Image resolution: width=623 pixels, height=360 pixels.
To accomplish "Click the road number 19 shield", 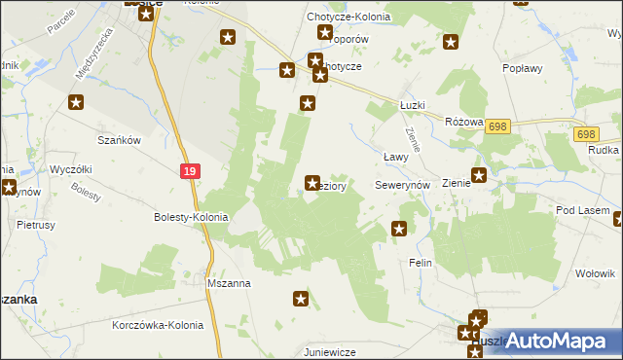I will (x=190, y=170).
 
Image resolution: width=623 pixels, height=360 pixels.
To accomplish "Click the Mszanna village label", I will (x=230, y=283).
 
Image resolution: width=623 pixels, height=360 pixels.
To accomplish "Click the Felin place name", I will (x=421, y=264).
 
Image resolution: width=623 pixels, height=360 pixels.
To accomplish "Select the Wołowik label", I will (x=594, y=274).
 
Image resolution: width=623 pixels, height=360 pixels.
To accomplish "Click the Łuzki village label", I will (x=414, y=106).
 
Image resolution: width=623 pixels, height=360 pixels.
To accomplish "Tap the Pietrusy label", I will (x=36, y=224).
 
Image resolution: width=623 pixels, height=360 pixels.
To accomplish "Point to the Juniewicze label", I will (x=329, y=351).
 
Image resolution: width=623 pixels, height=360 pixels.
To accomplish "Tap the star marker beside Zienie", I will (x=479, y=177).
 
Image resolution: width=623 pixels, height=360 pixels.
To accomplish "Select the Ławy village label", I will (x=394, y=156).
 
